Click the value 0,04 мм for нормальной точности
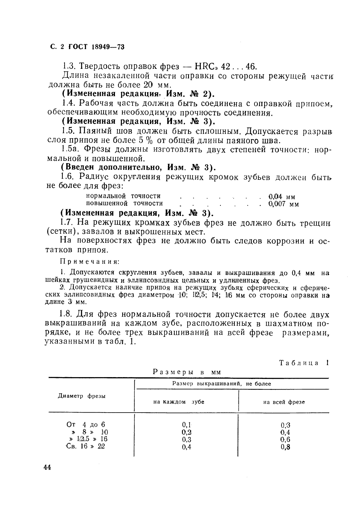(282, 197)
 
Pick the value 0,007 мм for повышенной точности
(283, 204)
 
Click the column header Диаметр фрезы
(82, 396)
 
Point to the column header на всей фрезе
(284, 402)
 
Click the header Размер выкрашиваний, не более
(221, 384)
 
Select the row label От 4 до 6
(86, 424)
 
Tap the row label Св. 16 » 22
(85, 446)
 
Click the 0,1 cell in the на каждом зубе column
(187, 425)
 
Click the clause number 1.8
(66, 314)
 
